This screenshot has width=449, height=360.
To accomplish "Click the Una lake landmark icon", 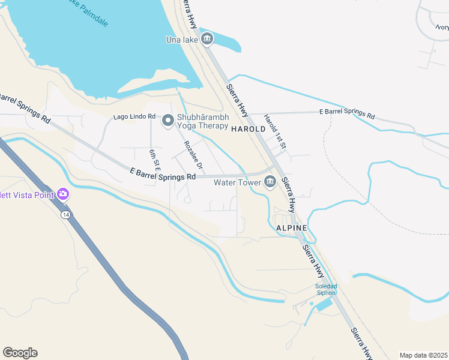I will [207, 40].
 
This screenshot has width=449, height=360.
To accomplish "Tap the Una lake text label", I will [182, 40].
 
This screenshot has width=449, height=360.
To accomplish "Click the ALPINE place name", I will [291, 229].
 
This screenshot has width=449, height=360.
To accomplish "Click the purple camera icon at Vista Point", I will [63, 194].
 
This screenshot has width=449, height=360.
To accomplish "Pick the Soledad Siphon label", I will [326, 289].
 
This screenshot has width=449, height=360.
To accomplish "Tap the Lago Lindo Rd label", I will [135, 116].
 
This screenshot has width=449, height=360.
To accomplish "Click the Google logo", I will [20, 353].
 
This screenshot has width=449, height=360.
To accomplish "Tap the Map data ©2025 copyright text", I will [423, 355].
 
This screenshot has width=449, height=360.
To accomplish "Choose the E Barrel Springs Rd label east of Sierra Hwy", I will [347, 114].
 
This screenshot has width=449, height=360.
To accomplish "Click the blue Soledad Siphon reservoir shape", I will [324, 305].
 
